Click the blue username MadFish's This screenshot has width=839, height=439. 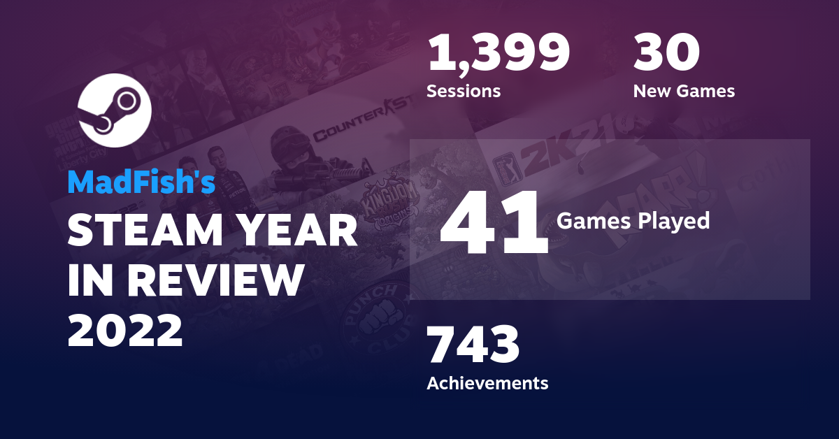[x=141, y=182]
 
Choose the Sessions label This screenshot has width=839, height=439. [x=463, y=91]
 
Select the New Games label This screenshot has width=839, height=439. [x=683, y=91]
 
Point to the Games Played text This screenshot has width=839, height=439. [x=633, y=221]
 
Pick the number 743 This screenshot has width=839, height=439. [x=473, y=345]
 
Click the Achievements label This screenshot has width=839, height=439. [x=487, y=383]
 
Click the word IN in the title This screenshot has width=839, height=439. [x=89, y=280]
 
